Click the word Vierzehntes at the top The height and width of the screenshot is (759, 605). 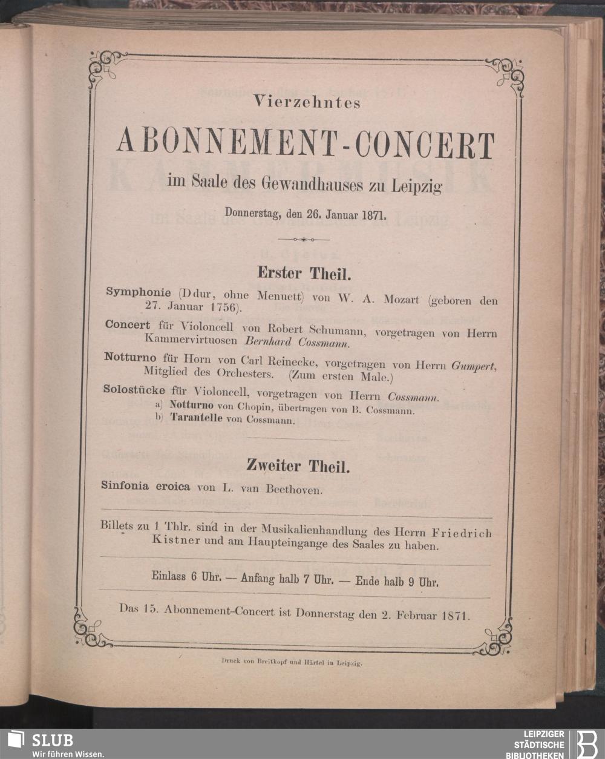click(x=307, y=103)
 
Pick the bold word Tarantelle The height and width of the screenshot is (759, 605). click(x=196, y=418)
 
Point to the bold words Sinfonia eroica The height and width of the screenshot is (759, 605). click(x=146, y=487)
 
